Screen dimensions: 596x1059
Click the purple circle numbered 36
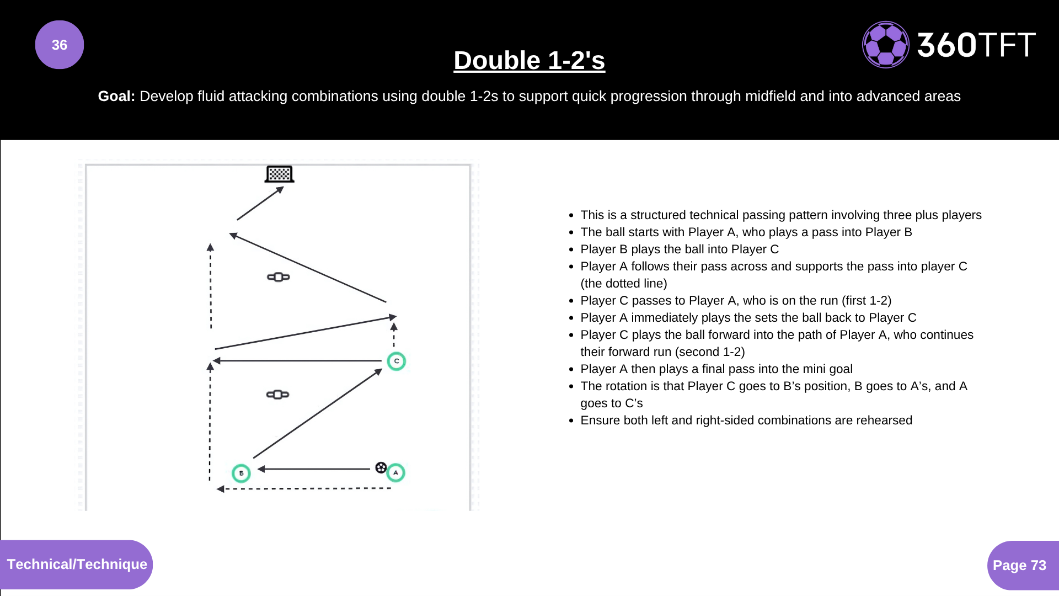click(x=60, y=45)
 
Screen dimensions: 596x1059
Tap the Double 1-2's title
click(x=529, y=60)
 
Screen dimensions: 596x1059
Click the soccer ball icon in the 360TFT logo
click(x=885, y=45)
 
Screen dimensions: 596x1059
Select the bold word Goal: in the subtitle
click(x=116, y=96)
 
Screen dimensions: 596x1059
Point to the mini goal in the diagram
click(x=279, y=174)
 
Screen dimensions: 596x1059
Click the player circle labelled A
click(x=396, y=473)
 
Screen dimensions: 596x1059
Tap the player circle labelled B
click(x=241, y=473)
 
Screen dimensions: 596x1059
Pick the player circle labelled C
click(x=396, y=361)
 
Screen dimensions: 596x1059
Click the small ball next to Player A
click(x=381, y=468)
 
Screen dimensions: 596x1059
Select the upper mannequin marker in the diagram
click(x=279, y=277)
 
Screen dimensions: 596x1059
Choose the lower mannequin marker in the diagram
click(x=277, y=395)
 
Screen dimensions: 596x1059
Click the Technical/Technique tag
click(x=77, y=565)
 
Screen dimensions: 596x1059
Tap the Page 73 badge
click(x=1019, y=566)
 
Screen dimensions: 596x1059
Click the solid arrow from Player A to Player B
click(x=314, y=469)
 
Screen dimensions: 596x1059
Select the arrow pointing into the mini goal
click(x=260, y=203)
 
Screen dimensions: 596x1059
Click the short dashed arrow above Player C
click(x=394, y=335)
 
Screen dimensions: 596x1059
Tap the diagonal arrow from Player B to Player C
click(x=318, y=414)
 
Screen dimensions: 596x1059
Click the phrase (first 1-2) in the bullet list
click(x=867, y=301)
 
